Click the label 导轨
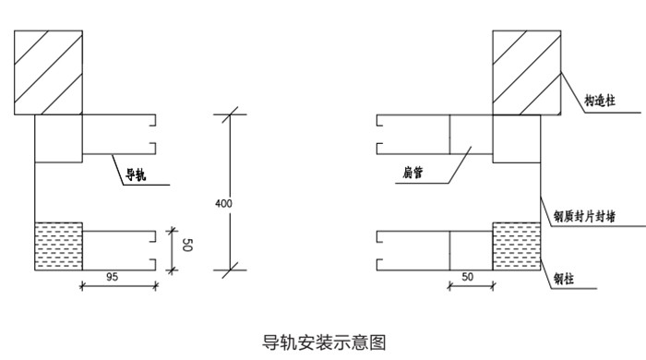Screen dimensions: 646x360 [136, 175]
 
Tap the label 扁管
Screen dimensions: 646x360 [413, 173]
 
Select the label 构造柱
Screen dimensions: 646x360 [600, 101]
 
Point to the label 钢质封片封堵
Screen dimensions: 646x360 [584, 216]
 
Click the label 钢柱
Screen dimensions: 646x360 [564, 279]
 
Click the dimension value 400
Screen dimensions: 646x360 [223, 203]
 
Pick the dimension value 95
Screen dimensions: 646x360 [112, 277]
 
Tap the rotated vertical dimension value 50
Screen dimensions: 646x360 [186, 245]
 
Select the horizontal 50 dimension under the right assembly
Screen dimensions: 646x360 [467, 277]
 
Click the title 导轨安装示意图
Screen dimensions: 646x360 [324, 342]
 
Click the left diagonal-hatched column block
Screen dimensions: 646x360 [49, 73]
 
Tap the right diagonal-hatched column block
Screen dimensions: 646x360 [527, 73]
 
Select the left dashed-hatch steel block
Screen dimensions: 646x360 [58, 246]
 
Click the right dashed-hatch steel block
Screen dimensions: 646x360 [517, 246]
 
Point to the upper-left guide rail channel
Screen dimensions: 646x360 [119, 134]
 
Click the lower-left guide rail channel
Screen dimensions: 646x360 [119, 250]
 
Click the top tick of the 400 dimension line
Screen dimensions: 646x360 [230, 114]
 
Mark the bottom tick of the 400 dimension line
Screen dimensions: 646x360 [230, 270]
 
